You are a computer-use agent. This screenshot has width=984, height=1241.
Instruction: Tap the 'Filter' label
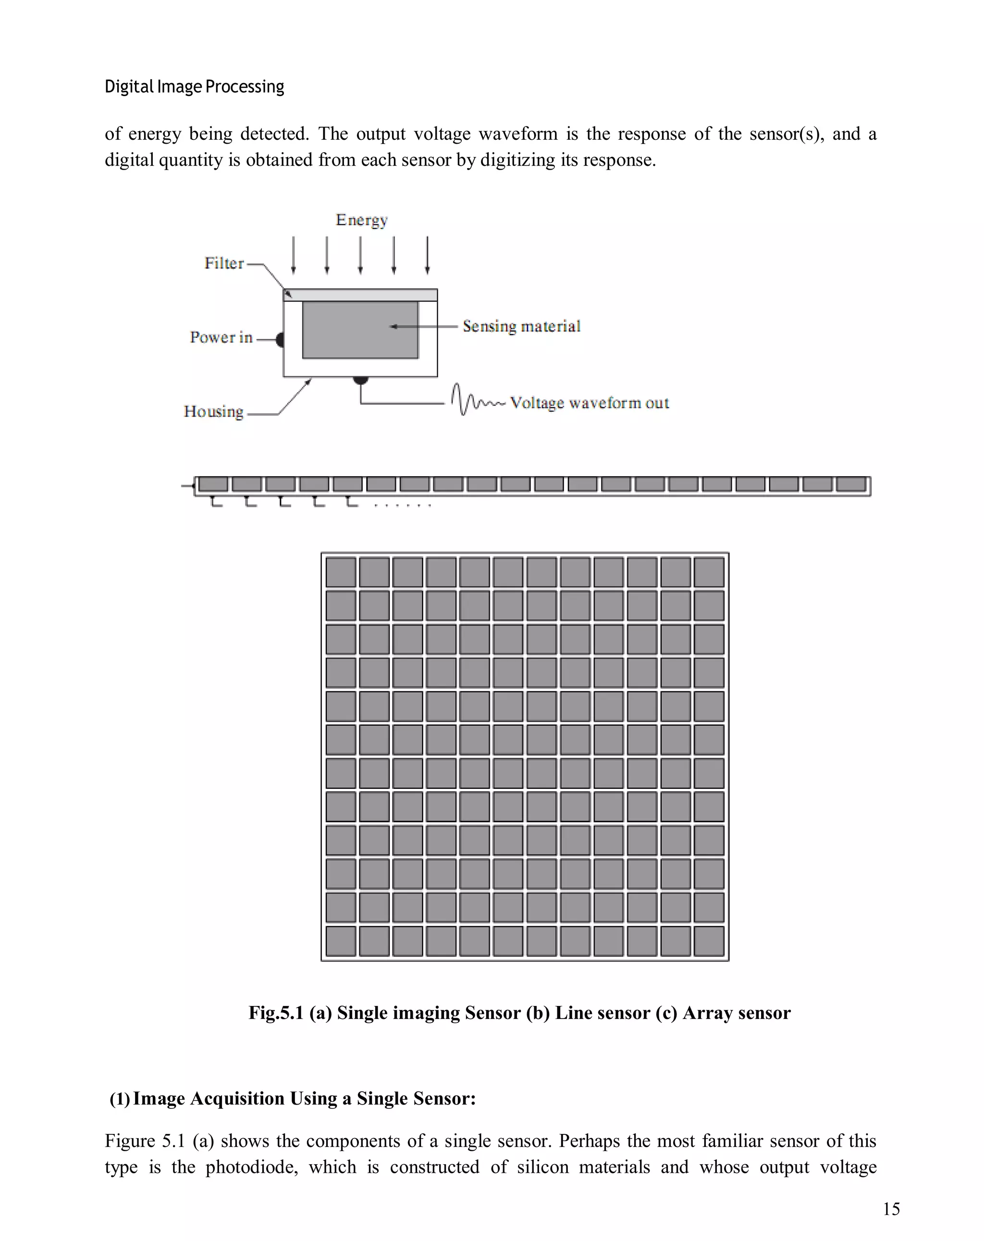224,263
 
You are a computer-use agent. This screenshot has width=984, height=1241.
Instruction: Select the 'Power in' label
221,337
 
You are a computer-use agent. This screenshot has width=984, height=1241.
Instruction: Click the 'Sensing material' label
521,326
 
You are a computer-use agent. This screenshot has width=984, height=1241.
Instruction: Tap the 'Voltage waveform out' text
589,403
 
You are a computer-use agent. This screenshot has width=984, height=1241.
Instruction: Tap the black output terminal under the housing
360,380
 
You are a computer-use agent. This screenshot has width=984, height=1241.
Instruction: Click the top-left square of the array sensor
340,572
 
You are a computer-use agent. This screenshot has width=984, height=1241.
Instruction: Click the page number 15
891,1209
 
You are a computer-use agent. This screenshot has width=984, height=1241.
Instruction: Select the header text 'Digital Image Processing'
194,87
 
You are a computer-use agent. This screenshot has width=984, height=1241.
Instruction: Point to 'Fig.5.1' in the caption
276,1012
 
